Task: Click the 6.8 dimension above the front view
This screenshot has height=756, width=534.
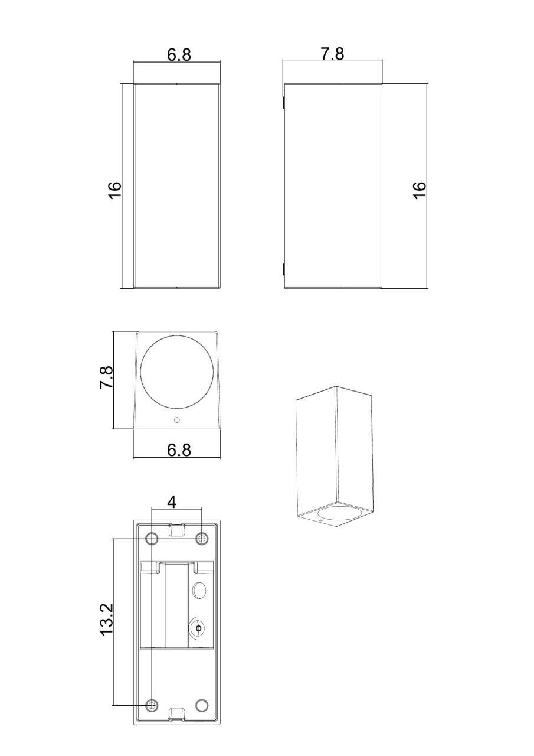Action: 179,55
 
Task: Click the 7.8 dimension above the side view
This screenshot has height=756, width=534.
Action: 332,54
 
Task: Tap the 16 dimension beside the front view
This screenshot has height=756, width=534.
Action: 114,191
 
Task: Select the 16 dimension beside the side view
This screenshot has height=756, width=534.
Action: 420,190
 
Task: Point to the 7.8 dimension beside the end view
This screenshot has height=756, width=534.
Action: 106,377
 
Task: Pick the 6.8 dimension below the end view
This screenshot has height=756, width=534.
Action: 179,450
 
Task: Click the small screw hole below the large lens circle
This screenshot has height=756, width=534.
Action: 176,420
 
